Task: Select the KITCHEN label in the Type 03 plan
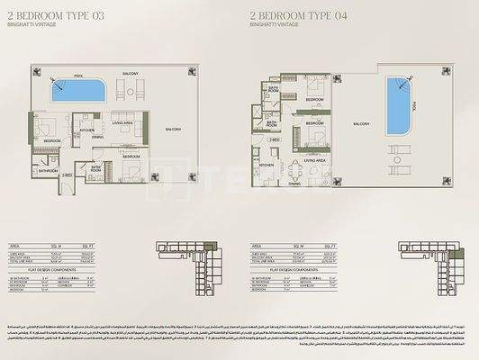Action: [86, 130]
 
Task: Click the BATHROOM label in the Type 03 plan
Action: [48, 169]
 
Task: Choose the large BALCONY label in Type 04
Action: [361, 122]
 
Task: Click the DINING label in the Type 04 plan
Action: [294, 184]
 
